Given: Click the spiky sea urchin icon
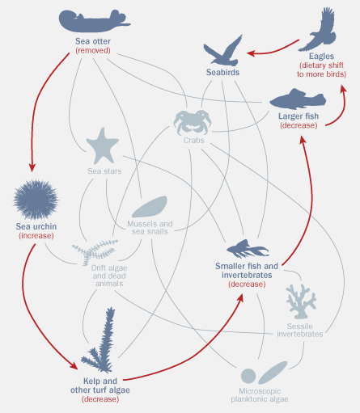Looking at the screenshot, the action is pyautogui.click(x=36, y=200).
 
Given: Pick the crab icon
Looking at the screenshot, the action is pyautogui.click(x=193, y=122).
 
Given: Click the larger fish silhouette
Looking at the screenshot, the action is pyautogui.click(x=298, y=99).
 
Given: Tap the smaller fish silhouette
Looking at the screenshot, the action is pyautogui.click(x=247, y=249).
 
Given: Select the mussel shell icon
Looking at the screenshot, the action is pyautogui.click(x=150, y=207).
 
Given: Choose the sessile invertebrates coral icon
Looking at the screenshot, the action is pyautogui.click(x=301, y=301).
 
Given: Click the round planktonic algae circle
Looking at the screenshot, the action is pyautogui.click(x=248, y=376).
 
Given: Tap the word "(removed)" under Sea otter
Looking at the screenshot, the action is pyautogui.click(x=93, y=50).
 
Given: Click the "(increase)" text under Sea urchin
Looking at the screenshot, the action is pyautogui.click(x=36, y=236).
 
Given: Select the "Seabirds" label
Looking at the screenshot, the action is pyautogui.click(x=222, y=72).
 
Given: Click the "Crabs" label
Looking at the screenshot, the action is pyautogui.click(x=194, y=140).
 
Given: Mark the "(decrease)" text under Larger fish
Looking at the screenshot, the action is pyautogui.click(x=299, y=125).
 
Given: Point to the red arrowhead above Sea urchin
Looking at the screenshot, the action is pyautogui.click(x=32, y=167).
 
